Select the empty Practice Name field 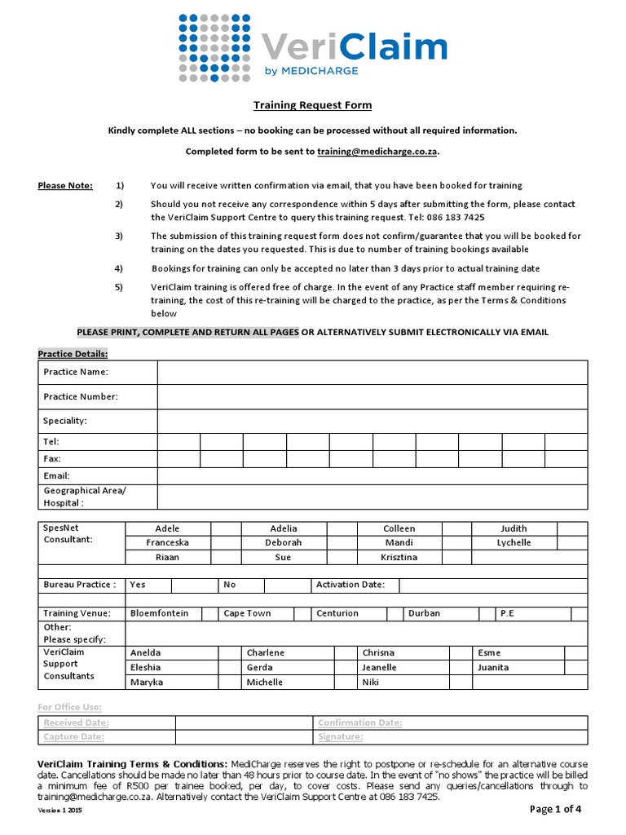(x=372, y=372)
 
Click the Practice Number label (x=81, y=396)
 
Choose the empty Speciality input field (x=372, y=421)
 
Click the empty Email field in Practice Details (x=372, y=475)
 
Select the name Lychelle (x=514, y=542)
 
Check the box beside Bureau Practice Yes (x=193, y=585)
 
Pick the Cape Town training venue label (x=247, y=613)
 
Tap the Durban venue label (x=424, y=613)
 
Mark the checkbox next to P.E (x=579, y=613)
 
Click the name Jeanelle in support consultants (x=379, y=667)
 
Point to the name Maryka (x=147, y=682)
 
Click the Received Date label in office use (x=76, y=722)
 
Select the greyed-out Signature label (x=340, y=737)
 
